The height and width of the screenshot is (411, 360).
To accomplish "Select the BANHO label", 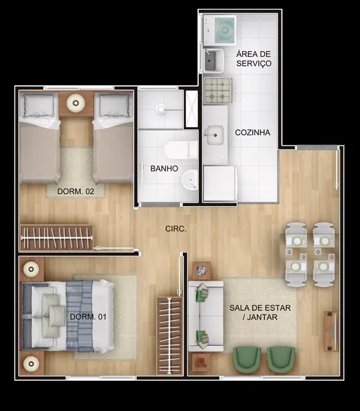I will click(x=164, y=169).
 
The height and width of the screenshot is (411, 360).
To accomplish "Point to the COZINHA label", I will click(x=252, y=133).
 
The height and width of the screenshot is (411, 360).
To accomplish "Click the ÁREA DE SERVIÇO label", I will click(x=253, y=58).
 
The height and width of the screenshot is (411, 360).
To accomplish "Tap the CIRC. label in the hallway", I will click(x=175, y=229).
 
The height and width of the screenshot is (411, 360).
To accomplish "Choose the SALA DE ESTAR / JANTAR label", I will click(x=254, y=312).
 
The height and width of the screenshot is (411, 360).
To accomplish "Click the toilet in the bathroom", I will click(x=178, y=150).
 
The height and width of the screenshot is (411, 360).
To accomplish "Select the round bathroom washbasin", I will click(x=189, y=183).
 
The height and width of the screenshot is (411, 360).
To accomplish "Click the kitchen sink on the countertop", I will click(x=214, y=134).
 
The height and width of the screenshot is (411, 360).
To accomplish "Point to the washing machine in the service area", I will click(x=223, y=28).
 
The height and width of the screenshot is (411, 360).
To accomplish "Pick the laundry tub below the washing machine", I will click(x=212, y=60).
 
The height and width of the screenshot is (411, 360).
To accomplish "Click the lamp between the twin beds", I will click(x=77, y=102).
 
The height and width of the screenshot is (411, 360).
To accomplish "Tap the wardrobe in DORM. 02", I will click(x=57, y=238).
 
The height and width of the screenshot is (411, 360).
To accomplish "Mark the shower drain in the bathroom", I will click(x=161, y=108).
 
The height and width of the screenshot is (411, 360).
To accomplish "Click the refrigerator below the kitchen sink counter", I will click(x=219, y=183).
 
